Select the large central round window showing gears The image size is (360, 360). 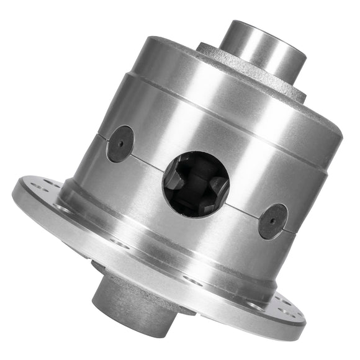(196, 184)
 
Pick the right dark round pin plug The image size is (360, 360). (273, 221)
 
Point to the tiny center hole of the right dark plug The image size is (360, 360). (273, 222)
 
